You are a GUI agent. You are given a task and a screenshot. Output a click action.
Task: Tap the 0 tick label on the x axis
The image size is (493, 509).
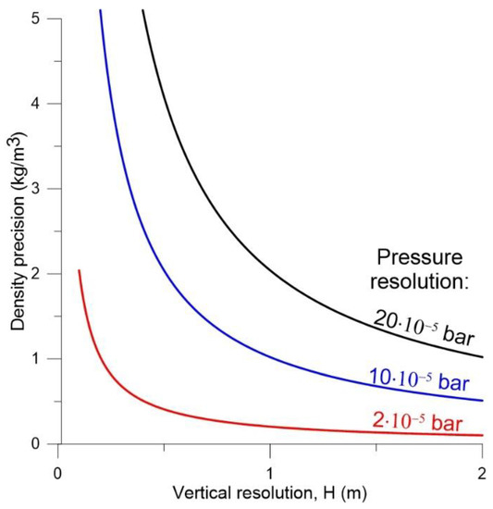tap(57, 462)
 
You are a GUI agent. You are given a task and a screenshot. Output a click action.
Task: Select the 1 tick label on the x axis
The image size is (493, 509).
tap(269, 462)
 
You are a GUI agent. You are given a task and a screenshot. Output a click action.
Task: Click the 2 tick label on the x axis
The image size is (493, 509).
tap(481, 462)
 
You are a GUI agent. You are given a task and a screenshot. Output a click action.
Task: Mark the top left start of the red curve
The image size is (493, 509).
tap(79, 270)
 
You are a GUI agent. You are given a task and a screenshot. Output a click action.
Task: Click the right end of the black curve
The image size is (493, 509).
tap(481, 356)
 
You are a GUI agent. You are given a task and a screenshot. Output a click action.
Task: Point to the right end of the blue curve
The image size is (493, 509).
tap(481, 401)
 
